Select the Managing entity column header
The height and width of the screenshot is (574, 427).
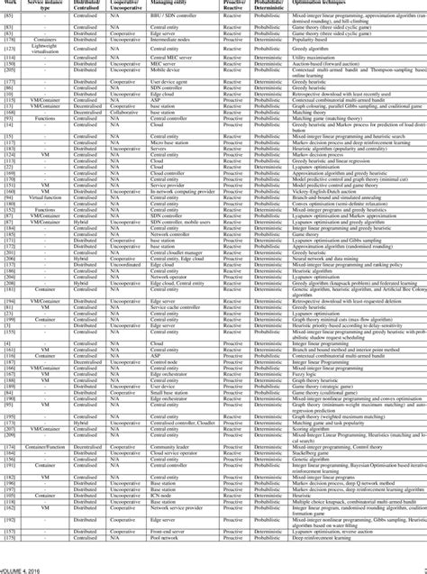click(173, 5)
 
